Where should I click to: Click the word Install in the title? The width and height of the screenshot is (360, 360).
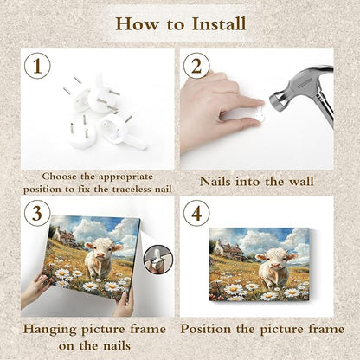(x=219, y=23)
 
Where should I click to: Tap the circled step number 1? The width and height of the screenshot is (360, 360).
(x=37, y=66)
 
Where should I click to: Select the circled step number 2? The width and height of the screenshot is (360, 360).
(x=196, y=66)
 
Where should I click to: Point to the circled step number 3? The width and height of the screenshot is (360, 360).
(x=37, y=214)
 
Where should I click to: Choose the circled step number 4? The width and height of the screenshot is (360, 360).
(x=196, y=214)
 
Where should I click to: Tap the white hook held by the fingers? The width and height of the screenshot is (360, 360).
(x=259, y=115)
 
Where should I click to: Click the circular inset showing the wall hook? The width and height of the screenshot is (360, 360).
(x=158, y=260)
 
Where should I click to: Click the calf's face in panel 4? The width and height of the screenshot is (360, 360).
(x=275, y=260)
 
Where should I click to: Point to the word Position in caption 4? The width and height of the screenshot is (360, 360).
(x=206, y=329)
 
